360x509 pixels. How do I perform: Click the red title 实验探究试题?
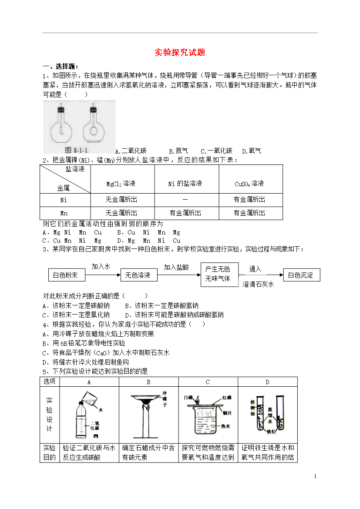tap(180, 53)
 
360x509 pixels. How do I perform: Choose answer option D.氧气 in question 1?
tap(252, 151)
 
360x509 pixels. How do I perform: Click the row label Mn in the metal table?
tap(64, 213)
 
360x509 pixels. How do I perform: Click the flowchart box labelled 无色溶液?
tap(138, 275)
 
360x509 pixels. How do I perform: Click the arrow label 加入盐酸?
tap(176, 268)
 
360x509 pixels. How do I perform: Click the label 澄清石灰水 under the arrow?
tap(258, 284)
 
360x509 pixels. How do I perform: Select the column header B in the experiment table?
tap(148, 382)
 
